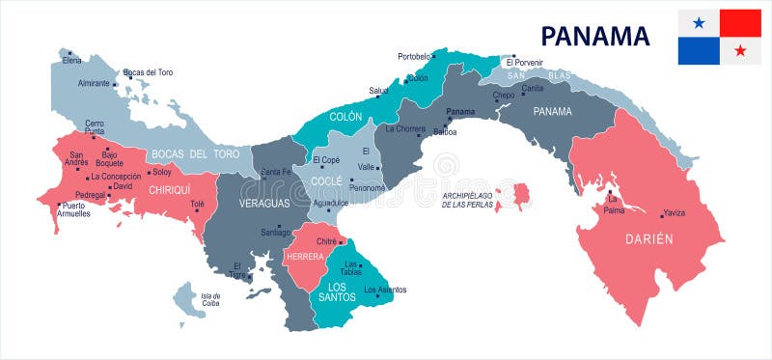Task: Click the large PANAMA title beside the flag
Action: [594, 36]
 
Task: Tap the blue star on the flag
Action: [698, 22]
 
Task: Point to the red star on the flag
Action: [740, 50]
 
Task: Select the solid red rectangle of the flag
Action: [740, 22]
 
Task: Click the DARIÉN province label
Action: [648, 238]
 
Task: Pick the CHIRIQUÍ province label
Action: [169, 190]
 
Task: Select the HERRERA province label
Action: [304, 256]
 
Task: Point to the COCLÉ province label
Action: [326, 180]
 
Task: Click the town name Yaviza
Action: [675, 213]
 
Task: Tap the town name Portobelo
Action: [414, 56]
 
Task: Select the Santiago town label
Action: [276, 233]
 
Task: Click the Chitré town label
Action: [325, 240]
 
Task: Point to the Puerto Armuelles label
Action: [73, 209]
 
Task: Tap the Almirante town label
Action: [94, 83]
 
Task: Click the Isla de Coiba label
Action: [209, 299]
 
